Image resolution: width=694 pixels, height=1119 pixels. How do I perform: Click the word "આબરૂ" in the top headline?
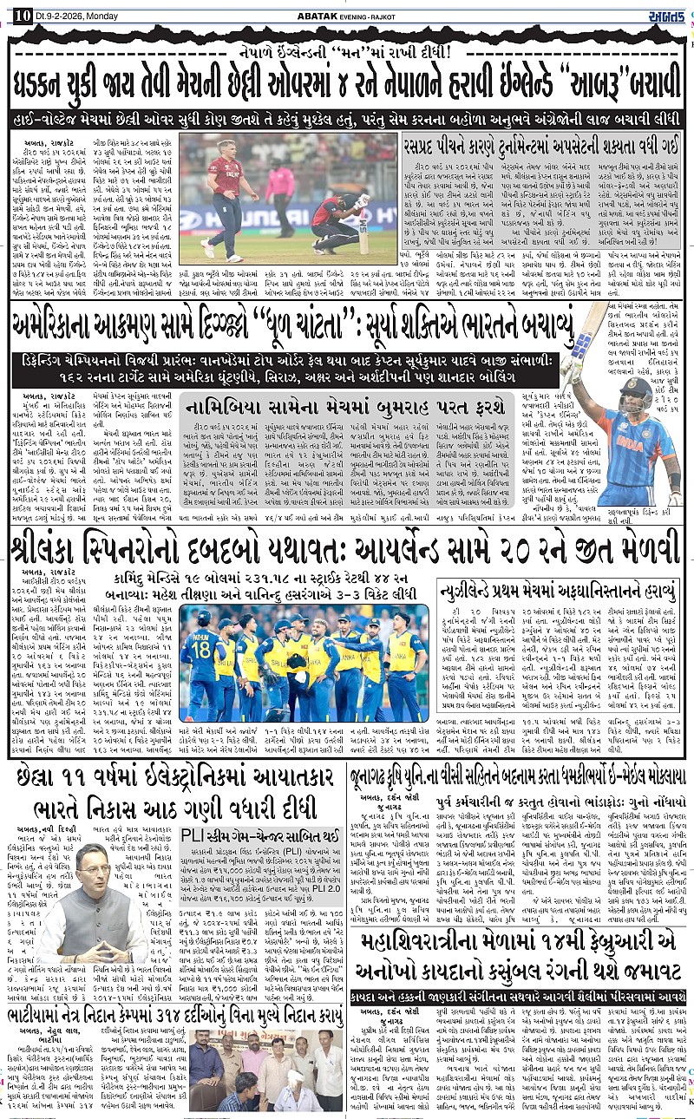coord(611,88)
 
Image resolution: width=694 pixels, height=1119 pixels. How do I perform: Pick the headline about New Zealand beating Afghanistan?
coord(557,591)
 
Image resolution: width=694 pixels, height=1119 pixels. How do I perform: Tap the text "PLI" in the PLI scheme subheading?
coord(192,835)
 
